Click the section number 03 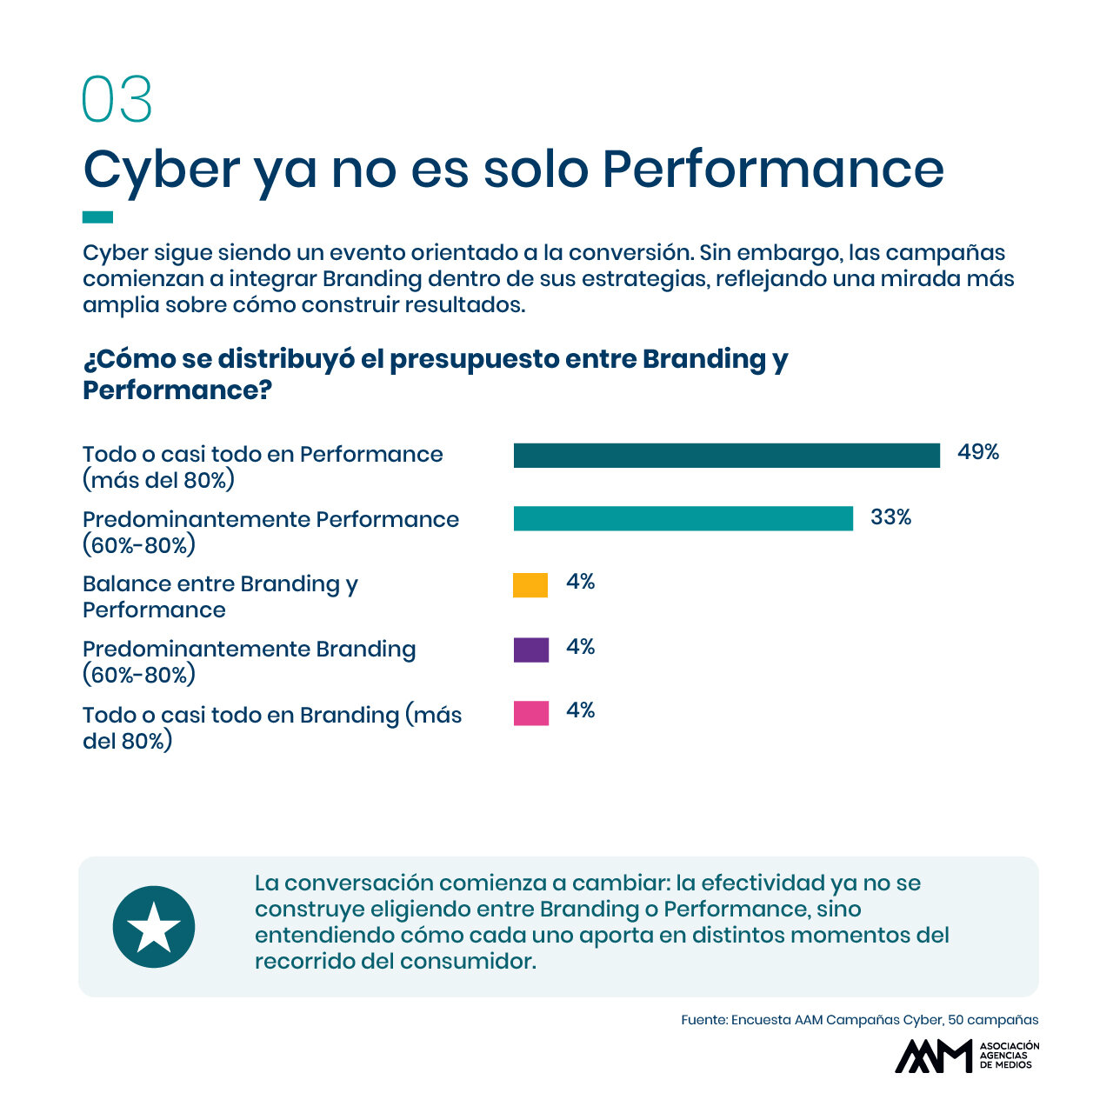pyautogui.click(x=117, y=99)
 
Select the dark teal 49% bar pyautogui.click(x=726, y=455)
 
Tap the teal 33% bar pyautogui.click(x=683, y=518)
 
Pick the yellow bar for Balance pyautogui.click(x=530, y=584)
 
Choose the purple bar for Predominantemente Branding pyautogui.click(x=530, y=650)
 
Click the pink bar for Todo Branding pyautogui.click(x=530, y=713)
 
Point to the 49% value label pyautogui.click(x=978, y=451)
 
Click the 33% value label pyautogui.click(x=890, y=517)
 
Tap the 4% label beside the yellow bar pyautogui.click(x=580, y=581)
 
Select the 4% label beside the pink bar pyautogui.click(x=580, y=710)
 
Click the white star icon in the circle pyautogui.click(x=154, y=926)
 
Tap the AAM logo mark pyautogui.click(x=933, y=1056)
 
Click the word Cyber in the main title pyautogui.click(x=161, y=170)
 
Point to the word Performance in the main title pyautogui.click(x=773, y=170)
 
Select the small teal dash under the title pyautogui.click(x=97, y=217)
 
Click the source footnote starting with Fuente pyautogui.click(x=859, y=1019)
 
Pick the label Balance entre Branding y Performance pyautogui.click(x=220, y=596)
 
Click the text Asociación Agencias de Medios pyautogui.click(x=1009, y=1056)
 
